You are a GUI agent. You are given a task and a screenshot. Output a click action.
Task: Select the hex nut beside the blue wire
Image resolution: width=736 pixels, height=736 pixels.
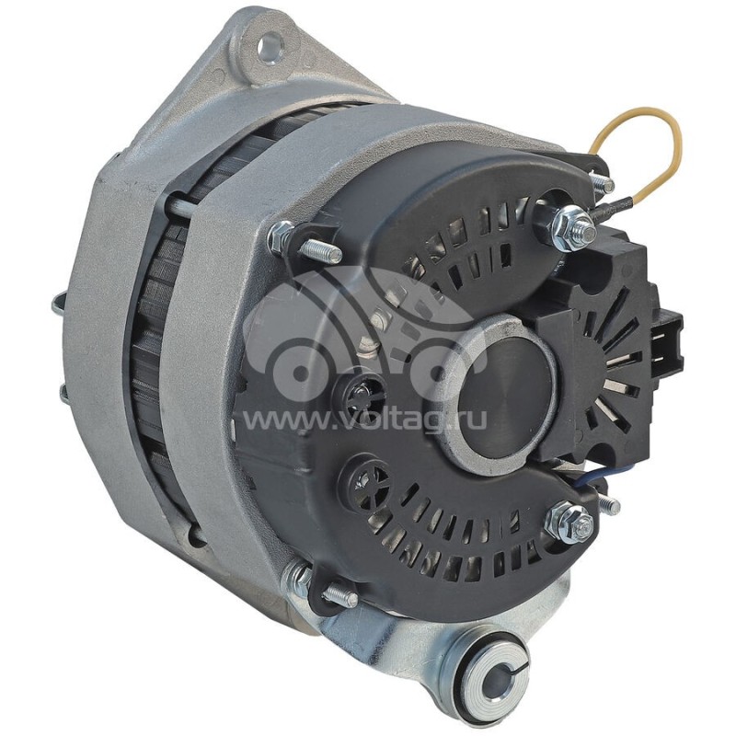(568, 523)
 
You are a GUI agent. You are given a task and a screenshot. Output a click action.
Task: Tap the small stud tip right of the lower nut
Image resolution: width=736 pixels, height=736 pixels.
(607, 505)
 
